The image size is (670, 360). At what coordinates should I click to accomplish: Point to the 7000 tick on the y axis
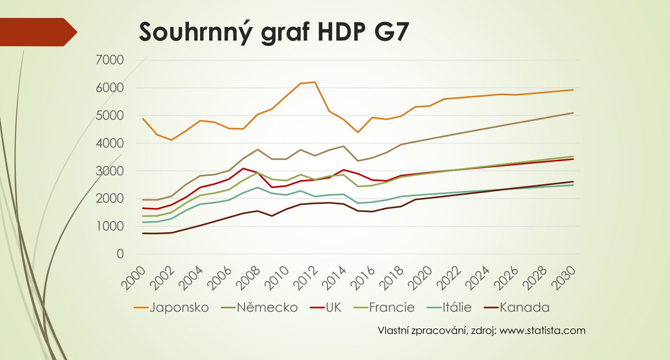[x=110, y=60]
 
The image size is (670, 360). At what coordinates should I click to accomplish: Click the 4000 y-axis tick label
[x=110, y=143]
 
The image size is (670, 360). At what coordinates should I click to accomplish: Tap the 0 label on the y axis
[x=120, y=254]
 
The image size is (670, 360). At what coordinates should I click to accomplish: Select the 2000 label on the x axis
[x=133, y=278]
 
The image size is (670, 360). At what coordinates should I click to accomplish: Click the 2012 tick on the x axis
[x=306, y=278]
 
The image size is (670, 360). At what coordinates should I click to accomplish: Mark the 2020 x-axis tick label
[x=422, y=278]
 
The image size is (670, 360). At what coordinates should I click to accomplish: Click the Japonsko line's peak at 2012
[x=315, y=82]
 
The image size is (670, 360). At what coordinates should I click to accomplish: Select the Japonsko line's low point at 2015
[x=358, y=132]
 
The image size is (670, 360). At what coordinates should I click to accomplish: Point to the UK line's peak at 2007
[x=243, y=168]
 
